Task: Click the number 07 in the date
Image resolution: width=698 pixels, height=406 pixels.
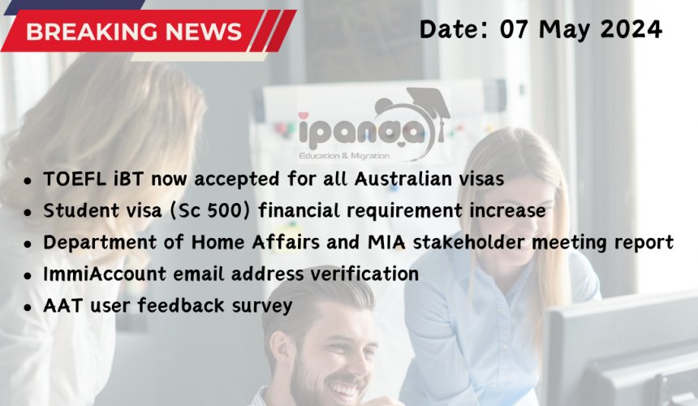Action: (x=514, y=29)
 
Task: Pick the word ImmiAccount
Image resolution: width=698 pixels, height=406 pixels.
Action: (x=105, y=274)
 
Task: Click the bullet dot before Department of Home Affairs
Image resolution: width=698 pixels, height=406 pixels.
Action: (x=28, y=244)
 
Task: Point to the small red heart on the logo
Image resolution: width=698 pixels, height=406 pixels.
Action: (x=304, y=116)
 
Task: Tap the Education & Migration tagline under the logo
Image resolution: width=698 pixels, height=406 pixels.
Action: (x=344, y=156)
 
